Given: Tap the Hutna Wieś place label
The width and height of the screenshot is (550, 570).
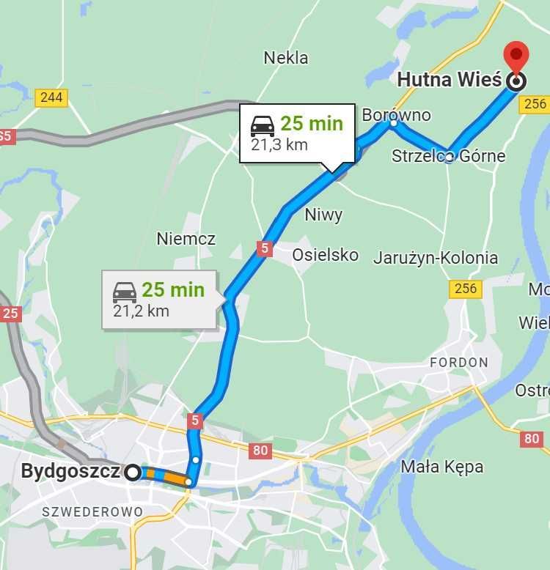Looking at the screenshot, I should (449, 79).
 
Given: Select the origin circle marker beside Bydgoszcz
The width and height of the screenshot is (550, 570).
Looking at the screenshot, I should (132, 473).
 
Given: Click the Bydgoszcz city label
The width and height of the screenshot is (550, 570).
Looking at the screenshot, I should (70, 471).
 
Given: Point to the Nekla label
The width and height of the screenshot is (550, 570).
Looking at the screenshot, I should (286, 58).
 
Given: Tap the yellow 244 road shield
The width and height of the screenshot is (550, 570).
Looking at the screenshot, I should (51, 97).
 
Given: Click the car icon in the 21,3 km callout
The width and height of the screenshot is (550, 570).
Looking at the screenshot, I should (263, 125).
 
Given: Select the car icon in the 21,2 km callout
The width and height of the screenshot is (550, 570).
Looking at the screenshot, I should (125, 292).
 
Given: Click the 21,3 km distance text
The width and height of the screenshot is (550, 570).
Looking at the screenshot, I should (279, 144).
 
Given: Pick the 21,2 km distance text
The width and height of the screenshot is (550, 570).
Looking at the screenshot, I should (141, 311).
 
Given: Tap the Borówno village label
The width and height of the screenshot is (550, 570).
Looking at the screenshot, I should (396, 115).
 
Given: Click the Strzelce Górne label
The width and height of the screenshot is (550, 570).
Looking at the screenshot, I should (448, 156).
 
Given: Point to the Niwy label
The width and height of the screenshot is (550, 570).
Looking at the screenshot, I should (323, 215).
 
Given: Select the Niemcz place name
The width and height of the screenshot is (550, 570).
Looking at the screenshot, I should (186, 239).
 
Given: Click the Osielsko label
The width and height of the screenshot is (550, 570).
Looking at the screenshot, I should (326, 255).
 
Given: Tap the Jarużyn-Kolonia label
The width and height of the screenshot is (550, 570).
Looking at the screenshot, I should (436, 258).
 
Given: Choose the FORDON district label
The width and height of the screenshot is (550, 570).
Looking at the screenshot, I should (459, 362).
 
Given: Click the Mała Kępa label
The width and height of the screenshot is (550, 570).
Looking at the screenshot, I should (442, 466).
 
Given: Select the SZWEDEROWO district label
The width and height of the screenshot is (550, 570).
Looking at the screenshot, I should (92, 511).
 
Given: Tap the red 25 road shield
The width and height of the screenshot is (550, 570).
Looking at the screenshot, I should (10, 314).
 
